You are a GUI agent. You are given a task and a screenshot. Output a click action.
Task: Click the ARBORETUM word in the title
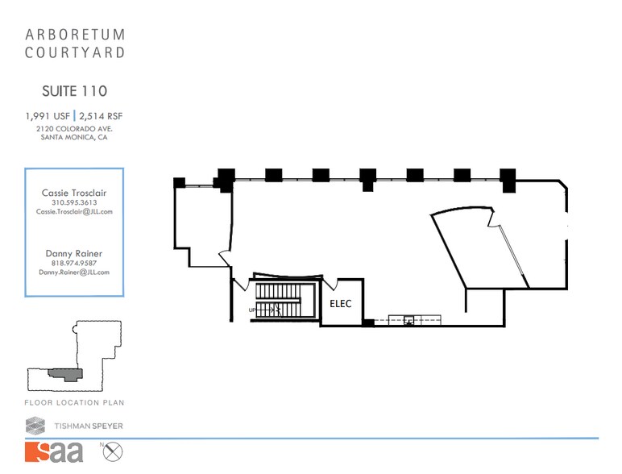coord(75,35)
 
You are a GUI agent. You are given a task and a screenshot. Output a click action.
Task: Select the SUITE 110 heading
coord(74,91)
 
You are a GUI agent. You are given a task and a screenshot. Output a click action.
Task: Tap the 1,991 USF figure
coord(47,116)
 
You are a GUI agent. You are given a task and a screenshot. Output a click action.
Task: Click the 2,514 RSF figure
coord(101,116)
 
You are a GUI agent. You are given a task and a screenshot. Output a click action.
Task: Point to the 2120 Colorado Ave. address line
coord(74,128)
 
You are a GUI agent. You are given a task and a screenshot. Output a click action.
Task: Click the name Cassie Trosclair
coord(74,193)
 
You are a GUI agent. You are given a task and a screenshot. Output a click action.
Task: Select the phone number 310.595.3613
coord(74,202)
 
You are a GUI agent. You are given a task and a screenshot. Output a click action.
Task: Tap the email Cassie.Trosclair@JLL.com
coord(74,212)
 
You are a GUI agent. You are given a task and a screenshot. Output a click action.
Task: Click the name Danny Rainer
coord(74,253)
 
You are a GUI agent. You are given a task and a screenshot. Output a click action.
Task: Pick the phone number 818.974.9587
coord(74,263)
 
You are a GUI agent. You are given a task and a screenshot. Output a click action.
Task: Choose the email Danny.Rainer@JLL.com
coord(74,272)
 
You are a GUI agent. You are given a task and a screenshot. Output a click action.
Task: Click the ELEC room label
coord(342,304)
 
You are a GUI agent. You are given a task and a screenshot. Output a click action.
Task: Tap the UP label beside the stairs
coord(252,309)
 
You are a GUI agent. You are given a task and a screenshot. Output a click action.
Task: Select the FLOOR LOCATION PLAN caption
coord(74,402)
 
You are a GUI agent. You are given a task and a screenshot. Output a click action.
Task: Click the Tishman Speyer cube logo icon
coord(35,425)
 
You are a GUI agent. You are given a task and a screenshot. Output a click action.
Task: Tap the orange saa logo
coord(54,451)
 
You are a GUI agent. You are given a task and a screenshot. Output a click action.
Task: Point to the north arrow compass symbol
coord(113,451)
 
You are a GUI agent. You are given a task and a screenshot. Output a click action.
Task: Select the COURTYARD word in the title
coord(75,53)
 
